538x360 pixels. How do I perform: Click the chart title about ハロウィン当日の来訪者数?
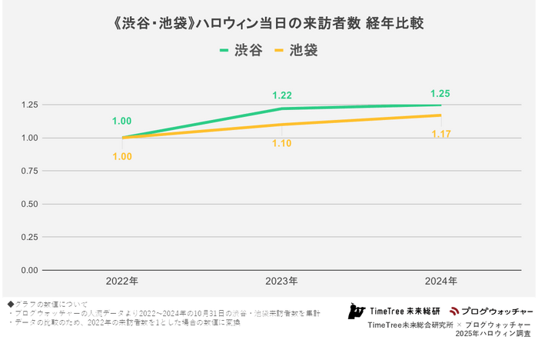click(268, 24)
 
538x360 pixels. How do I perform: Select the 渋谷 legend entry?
click(241, 51)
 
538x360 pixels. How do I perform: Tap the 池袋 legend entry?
click(295, 51)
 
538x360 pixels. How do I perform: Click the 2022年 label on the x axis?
click(122, 282)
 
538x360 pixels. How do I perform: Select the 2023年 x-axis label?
click(281, 282)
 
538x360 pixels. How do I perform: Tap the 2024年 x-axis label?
click(440, 282)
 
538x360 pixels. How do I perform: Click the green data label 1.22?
click(282, 95)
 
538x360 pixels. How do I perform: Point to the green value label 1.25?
click(440, 93)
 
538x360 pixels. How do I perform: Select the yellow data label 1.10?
click(282, 142)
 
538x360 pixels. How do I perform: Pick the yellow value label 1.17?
click(440, 135)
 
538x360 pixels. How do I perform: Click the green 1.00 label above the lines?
click(122, 121)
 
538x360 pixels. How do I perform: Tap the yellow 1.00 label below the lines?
click(122, 156)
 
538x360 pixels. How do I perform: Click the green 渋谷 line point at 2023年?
click(281, 108)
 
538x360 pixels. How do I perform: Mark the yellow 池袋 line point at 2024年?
click(440, 115)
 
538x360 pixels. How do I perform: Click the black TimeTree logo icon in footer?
click(356, 311)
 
